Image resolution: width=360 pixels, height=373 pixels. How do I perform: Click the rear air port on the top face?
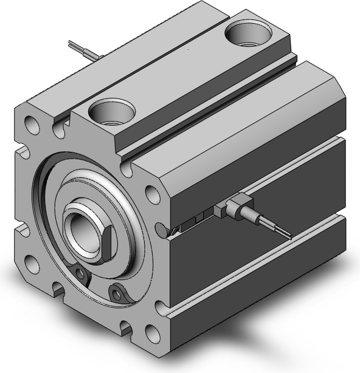pyautogui.click(x=248, y=32)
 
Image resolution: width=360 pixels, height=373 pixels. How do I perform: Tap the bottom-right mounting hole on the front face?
pyautogui.click(x=153, y=334)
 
